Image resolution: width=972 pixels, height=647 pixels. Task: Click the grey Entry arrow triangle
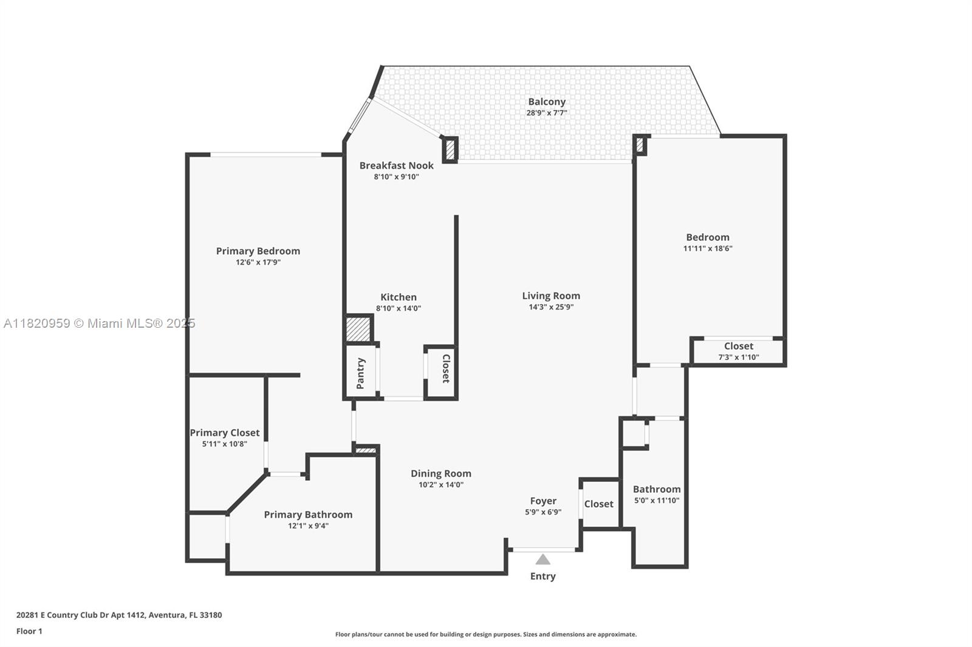pos(542,560)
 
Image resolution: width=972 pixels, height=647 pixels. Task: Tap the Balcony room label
pos(546,102)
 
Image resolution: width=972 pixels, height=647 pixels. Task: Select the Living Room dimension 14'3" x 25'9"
pos(551,307)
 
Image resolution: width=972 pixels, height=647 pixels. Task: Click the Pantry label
pos(360,373)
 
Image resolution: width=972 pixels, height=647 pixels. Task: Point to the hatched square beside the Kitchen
pos(358,329)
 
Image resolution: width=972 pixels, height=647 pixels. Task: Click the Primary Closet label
pos(224,433)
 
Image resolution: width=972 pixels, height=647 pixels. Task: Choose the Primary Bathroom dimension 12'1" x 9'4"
pos(308,526)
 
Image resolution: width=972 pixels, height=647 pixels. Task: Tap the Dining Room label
pos(440,473)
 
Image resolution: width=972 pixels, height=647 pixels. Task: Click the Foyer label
pos(542,501)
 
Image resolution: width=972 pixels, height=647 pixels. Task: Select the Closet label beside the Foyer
pos(598,504)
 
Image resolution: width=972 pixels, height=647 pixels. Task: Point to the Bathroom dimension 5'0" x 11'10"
pos(657,501)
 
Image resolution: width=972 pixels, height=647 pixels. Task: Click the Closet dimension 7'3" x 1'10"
pos(738,357)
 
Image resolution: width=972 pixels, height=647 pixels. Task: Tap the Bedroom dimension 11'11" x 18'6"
pos(708,248)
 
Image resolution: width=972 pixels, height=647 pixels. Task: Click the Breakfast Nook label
pos(396,165)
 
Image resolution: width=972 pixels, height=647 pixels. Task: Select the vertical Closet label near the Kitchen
pos(446,368)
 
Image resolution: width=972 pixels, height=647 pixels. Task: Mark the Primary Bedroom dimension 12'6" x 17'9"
pos(258,263)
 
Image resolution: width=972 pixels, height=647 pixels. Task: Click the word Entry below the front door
pos(542,576)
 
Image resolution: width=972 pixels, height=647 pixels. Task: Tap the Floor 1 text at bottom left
pos(29,631)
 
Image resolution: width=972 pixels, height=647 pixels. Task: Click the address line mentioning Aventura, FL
pos(119,615)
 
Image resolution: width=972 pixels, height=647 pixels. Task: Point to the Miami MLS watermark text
pos(99,323)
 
